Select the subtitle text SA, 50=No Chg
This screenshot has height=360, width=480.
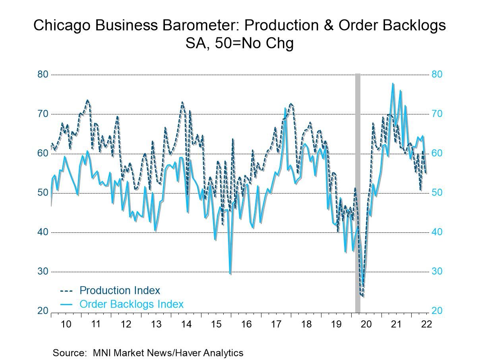click(240, 43)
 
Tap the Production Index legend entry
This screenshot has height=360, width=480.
click(120, 290)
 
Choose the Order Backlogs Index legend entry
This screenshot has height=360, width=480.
click(132, 304)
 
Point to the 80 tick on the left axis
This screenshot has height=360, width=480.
click(43, 75)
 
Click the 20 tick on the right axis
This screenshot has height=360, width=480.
click(437, 311)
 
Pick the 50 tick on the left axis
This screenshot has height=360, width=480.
click(43, 193)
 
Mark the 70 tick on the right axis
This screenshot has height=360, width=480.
click(437, 114)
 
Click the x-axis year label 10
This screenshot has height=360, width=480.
click(66, 324)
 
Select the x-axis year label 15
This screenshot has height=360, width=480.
click(216, 324)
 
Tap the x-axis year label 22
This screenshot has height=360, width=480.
click(426, 324)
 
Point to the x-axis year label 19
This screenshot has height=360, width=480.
click(336, 324)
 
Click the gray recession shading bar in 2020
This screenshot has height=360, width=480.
click(358, 191)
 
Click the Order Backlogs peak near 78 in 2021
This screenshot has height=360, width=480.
click(393, 84)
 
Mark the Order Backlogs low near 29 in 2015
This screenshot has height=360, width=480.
click(230, 274)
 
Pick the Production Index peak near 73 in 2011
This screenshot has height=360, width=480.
click(87, 101)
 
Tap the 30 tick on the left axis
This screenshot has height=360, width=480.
click(43, 272)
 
